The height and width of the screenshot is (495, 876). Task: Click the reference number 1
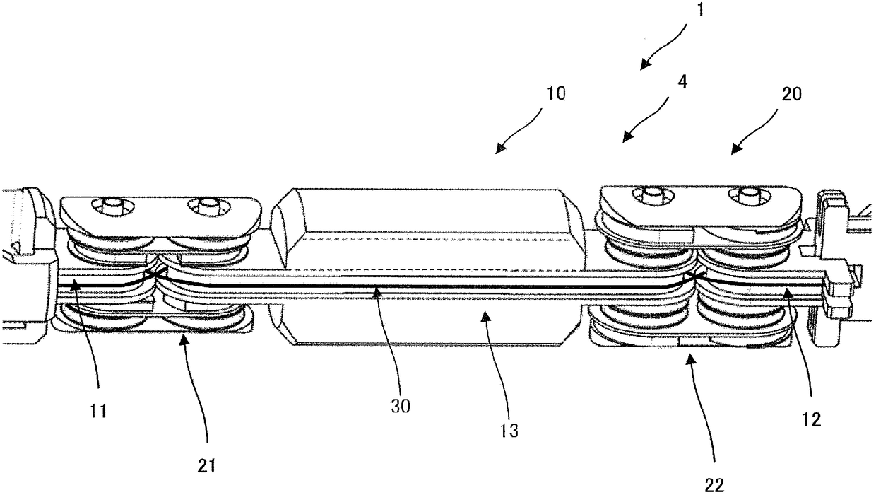[700, 9]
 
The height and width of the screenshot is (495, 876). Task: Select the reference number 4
[682, 82]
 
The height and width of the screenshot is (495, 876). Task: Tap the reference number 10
[556, 94]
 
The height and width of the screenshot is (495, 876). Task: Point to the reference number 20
[791, 94]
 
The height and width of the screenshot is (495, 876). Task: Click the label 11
[98, 412]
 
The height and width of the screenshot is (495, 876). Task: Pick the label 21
[207, 466]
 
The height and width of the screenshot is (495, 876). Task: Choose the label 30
[401, 407]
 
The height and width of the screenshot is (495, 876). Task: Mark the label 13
[509, 431]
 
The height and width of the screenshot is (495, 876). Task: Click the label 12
[811, 420]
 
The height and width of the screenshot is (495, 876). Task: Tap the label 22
[714, 486]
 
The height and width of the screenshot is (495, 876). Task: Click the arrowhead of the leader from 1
[645, 64]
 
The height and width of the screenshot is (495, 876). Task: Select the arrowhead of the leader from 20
[737, 149]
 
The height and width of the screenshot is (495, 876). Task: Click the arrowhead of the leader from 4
[628, 136]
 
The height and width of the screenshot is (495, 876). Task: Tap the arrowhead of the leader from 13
[485, 317]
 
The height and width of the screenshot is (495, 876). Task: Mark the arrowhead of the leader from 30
[376, 292]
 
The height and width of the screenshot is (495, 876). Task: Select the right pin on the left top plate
[207, 204]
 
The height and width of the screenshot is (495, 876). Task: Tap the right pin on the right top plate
[750, 194]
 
